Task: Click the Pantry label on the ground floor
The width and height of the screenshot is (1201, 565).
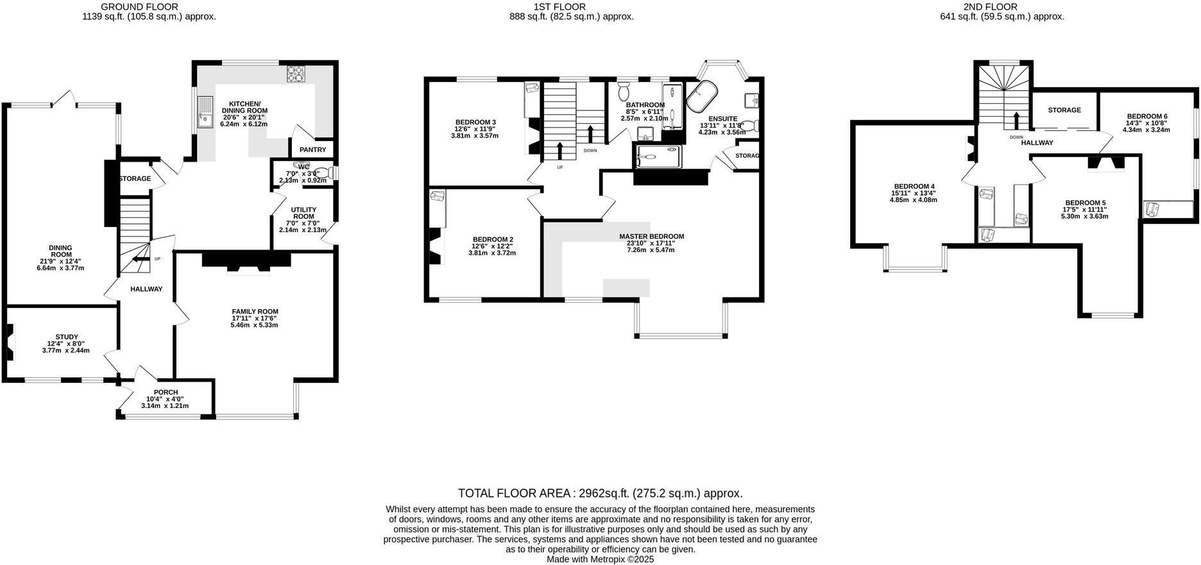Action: click(313, 149)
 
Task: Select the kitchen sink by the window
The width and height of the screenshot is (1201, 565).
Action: click(205, 112)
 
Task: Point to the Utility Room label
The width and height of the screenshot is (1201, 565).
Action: click(303, 213)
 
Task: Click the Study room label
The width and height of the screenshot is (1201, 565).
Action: click(67, 337)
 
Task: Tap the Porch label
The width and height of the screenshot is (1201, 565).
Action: click(166, 392)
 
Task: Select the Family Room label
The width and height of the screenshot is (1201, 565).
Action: click(255, 312)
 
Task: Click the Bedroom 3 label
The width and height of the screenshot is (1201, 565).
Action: click(475, 122)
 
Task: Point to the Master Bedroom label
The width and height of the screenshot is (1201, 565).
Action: click(651, 236)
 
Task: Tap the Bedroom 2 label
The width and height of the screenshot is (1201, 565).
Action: click(492, 239)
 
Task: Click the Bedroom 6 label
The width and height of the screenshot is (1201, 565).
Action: click(1146, 116)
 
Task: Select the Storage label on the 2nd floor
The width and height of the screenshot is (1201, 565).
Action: click(1064, 110)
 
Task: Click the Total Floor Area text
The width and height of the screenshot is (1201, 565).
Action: click(600, 493)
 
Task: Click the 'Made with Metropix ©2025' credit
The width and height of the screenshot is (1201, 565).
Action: click(600, 559)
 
